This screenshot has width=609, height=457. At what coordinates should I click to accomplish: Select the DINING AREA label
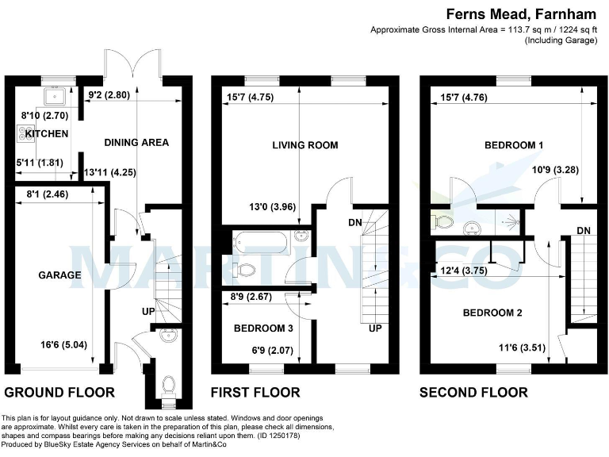[136, 143]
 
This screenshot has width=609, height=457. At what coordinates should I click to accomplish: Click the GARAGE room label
[59, 275]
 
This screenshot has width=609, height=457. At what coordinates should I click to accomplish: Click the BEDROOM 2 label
[492, 313]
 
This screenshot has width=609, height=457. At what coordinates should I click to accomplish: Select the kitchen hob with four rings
[21, 134]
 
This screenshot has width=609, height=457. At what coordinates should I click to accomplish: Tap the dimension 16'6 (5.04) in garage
[59, 345]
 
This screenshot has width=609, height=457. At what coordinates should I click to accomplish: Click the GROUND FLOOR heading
[59, 392]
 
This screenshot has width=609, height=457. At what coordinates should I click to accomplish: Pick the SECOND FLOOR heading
[473, 392]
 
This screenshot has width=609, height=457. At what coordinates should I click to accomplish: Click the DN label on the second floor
[584, 230]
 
